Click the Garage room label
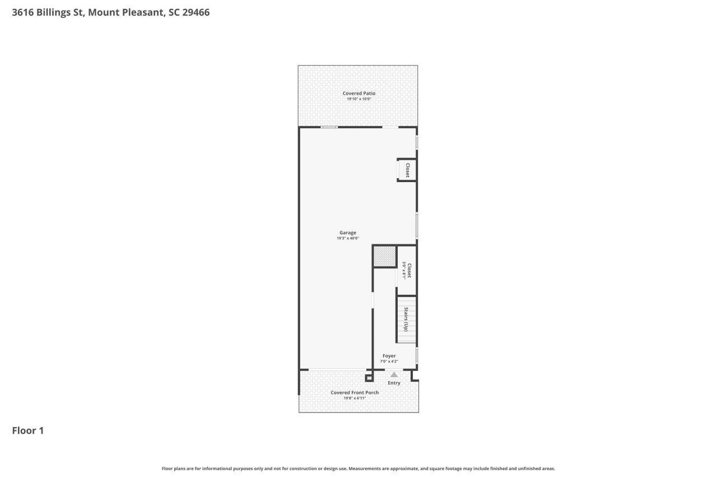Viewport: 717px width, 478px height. click(x=347, y=233)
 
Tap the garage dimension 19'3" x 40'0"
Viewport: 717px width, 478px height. click(x=347, y=238)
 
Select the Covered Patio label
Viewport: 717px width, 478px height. click(x=358, y=93)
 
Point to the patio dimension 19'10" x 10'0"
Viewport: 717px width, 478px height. click(x=358, y=99)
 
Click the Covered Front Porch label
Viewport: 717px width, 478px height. click(x=354, y=392)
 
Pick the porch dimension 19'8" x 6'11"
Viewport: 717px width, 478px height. click(x=354, y=398)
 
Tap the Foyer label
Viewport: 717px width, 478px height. click(x=389, y=356)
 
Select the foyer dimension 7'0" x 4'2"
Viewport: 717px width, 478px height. click(x=389, y=361)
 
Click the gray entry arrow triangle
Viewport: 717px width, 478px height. click(x=394, y=374)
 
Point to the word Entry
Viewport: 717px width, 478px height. click(x=394, y=383)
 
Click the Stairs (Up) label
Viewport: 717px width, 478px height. click(x=406, y=320)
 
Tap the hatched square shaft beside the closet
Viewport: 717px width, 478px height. click(x=384, y=257)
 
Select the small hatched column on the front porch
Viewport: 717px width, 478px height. click(x=369, y=378)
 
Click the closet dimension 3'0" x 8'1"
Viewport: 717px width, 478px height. click(x=403, y=271)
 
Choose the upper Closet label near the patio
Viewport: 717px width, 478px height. click(x=407, y=170)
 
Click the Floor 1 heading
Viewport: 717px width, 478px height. click(x=27, y=430)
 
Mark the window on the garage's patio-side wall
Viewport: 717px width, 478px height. click(x=329, y=127)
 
